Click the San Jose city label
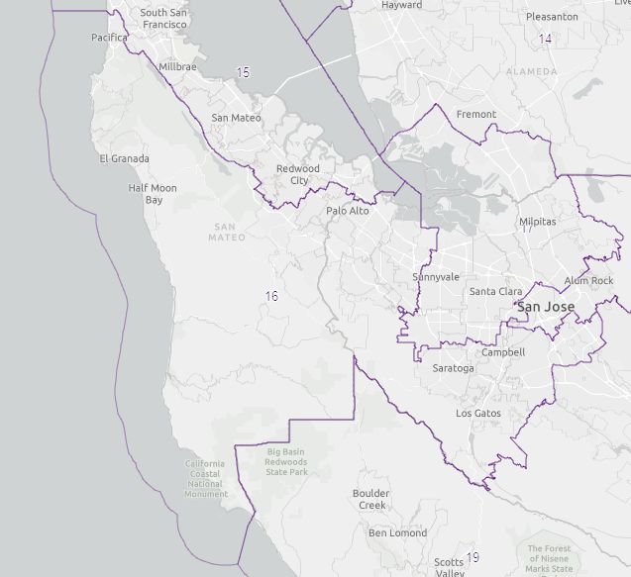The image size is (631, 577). (546, 307)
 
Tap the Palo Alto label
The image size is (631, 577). (347, 211)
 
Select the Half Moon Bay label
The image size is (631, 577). (153, 194)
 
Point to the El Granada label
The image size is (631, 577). (125, 158)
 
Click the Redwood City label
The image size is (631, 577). (298, 174)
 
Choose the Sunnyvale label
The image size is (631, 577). (436, 277)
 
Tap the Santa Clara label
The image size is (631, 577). (496, 291)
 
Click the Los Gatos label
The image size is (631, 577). (478, 413)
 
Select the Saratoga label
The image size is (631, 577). (454, 368)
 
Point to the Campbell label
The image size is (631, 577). (503, 352)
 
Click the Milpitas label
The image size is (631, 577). (538, 222)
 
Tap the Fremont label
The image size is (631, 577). (476, 114)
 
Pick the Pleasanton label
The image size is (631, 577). (553, 17)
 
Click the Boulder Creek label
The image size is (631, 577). (371, 499)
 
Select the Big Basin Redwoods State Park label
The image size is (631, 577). (288, 462)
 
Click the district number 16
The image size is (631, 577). (271, 296)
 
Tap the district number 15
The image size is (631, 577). (243, 72)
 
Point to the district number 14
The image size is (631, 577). (545, 39)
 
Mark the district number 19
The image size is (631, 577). (473, 557)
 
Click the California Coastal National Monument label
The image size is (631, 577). (205, 478)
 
